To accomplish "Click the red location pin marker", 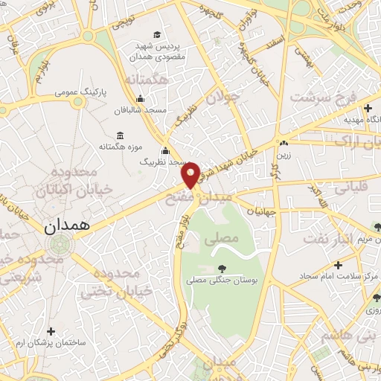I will [190, 174].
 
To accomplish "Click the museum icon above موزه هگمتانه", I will [121, 137].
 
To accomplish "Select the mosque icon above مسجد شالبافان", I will [140, 100].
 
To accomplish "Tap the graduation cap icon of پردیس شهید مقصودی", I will [156, 34].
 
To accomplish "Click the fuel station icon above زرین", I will [284, 144].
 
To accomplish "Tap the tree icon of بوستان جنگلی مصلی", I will [221, 268].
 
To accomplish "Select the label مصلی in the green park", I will [225, 238].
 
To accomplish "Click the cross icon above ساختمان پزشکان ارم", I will [51, 331].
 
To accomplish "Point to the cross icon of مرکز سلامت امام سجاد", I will [338, 265].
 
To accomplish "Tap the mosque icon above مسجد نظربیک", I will [165, 150].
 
